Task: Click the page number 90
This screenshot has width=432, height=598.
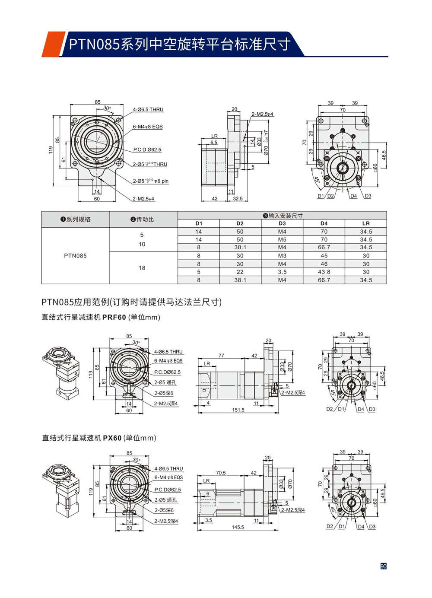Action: click(x=383, y=566)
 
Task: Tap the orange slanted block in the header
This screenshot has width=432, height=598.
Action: click(x=53, y=44)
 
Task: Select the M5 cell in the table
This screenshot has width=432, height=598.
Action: click(x=282, y=239)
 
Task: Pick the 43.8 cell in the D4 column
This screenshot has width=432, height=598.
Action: click(x=324, y=272)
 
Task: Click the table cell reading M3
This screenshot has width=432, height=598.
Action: click(x=282, y=256)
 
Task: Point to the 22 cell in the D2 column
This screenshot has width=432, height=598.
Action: click(x=240, y=272)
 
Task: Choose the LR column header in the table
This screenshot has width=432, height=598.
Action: click(x=366, y=223)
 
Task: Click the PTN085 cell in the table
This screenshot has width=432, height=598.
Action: click(x=76, y=255)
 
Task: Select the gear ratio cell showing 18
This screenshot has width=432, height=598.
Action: click(x=142, y=268)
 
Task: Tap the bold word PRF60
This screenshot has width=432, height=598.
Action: click(x=114, y=317)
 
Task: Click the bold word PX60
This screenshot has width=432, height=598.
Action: click(x=112, y=438)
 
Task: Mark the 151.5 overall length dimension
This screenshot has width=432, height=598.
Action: click(x=238, y=410)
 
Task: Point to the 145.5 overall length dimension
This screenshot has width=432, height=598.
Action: click(x=238, y=527)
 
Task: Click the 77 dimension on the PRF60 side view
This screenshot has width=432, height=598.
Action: click(x=221, y=356)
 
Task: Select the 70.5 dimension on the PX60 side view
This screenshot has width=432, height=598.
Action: click(x=221, y=473)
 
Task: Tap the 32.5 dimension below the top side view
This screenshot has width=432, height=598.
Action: click(x=238, y=199)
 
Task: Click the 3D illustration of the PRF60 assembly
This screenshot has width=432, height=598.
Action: click(x=62, y=372)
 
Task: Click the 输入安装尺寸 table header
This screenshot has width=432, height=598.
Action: click(x=283, y=216)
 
